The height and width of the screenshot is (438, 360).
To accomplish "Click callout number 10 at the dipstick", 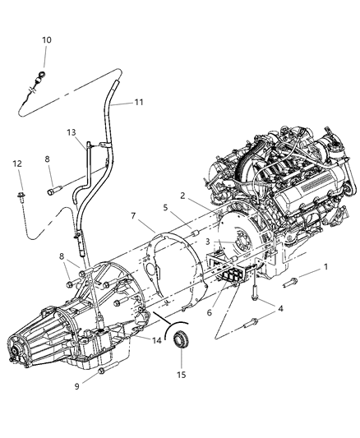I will click(46, 39).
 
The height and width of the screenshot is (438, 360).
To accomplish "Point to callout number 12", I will click(16, 165).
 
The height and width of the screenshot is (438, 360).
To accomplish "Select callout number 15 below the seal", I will click(182, 375).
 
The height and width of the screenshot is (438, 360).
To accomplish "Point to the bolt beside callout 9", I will click(100, 371).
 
